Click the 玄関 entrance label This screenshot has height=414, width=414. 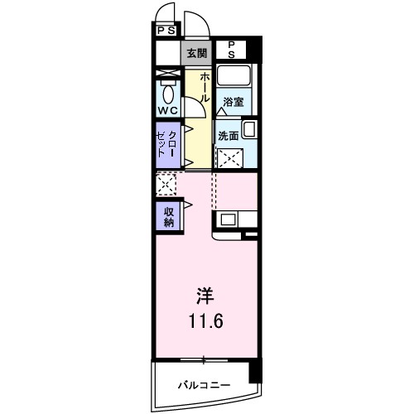tap(196, 54)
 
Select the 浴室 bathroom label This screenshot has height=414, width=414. tap(233, 103)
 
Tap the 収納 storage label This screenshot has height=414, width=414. tap(168, 216)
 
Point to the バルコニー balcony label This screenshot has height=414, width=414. tap(203, 385)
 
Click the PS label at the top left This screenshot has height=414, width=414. tap(166, 31)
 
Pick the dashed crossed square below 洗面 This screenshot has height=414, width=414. tap(229, 157)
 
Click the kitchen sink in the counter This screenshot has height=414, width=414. tap(227, 220)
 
